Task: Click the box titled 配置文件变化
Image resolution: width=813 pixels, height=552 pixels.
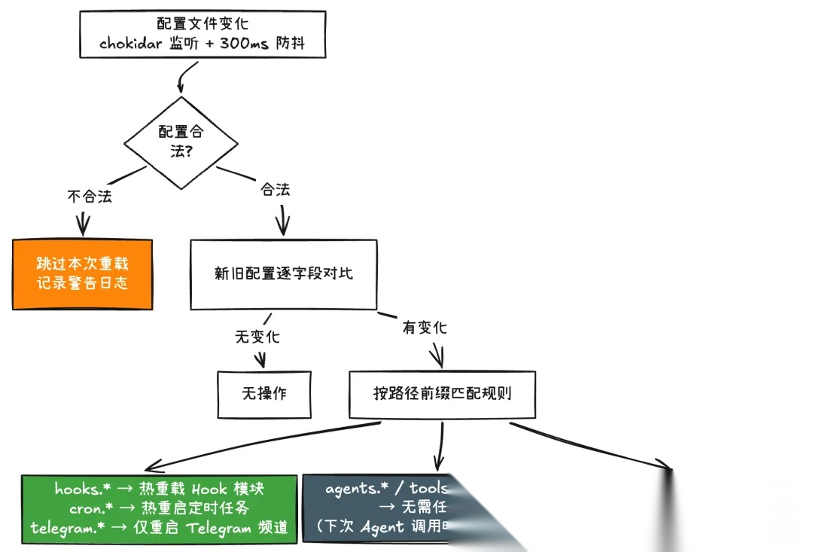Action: [202, 34]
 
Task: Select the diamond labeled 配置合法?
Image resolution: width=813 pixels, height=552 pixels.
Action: [181, 141]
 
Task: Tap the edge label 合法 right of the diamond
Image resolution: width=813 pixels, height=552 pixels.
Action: [276, 189]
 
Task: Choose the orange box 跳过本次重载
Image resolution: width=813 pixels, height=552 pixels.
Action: [83, 273]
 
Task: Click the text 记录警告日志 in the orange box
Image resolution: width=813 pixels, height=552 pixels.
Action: [83, 283]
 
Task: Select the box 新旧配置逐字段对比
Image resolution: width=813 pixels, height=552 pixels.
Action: [283, 273]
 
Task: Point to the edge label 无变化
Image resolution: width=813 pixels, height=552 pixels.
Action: [257, 336]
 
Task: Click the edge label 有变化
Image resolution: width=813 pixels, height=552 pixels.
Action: [425, 328]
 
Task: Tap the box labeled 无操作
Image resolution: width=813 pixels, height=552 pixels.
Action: [264, 394]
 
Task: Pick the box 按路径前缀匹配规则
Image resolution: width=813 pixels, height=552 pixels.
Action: [443, 394]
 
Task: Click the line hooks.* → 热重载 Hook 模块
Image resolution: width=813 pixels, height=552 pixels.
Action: [159, 488]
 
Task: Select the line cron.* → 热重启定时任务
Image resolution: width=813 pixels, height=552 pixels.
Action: [159, 508]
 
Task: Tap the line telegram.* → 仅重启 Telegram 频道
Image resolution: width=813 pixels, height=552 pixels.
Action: [159, 527]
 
